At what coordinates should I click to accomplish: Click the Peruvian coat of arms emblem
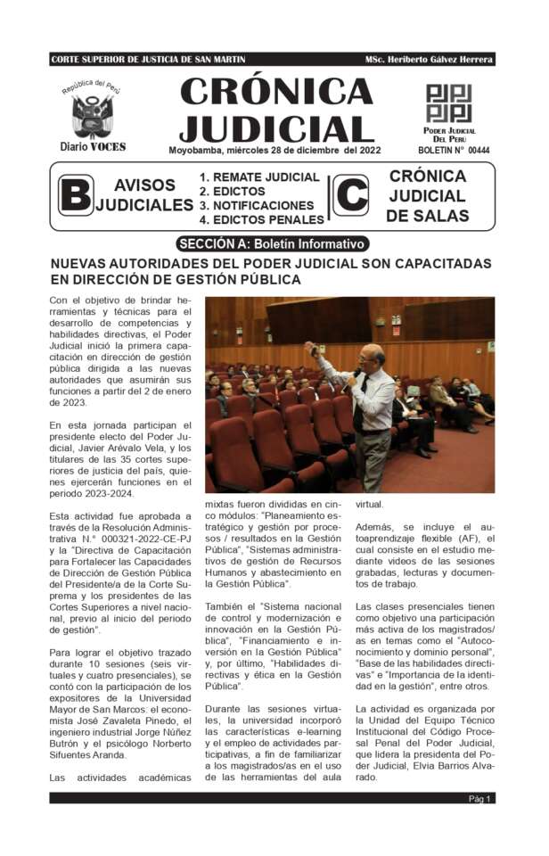pos(92,115)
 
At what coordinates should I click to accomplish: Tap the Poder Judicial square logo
pos(448,103)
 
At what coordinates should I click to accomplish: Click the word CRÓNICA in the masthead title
pos(276,91)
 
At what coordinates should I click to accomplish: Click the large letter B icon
pos(75,195)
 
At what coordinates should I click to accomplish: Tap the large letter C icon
pos(350,195)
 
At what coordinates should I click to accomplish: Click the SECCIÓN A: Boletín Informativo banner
pos(272,243)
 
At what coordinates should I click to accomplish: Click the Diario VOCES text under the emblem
pos(92,146)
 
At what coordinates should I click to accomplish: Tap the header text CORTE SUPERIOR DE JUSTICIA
pos(134,60)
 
